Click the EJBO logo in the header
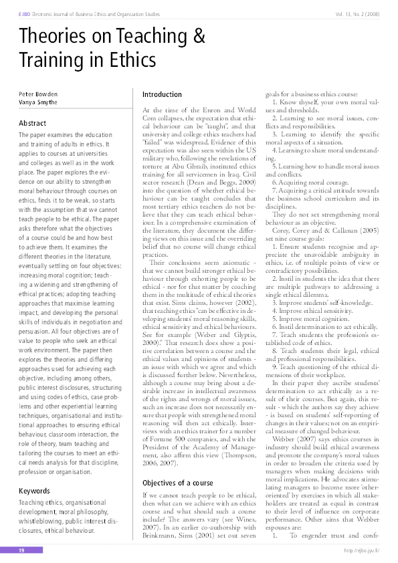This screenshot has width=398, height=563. (x=25, y=13)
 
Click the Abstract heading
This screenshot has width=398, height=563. (x=32, y=124)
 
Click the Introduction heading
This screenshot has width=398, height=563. (x=163, y=94)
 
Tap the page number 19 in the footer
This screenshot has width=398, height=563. (x=21, y=551)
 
